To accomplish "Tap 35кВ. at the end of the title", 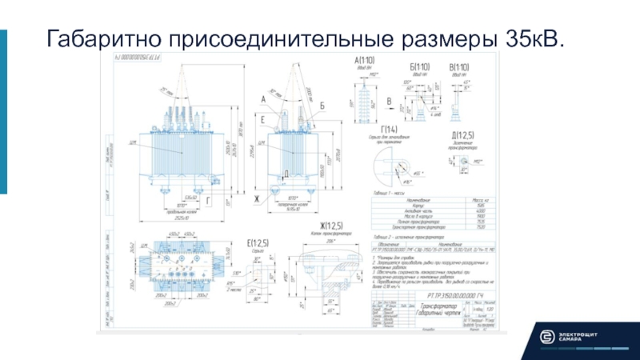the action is point(533,38).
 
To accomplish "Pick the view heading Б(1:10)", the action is point(419,66).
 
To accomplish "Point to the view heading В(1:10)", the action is point(459,66).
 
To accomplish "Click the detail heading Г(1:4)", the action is point(389,130).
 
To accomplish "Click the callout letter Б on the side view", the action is point(321,106).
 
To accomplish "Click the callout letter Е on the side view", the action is point(263,118).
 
